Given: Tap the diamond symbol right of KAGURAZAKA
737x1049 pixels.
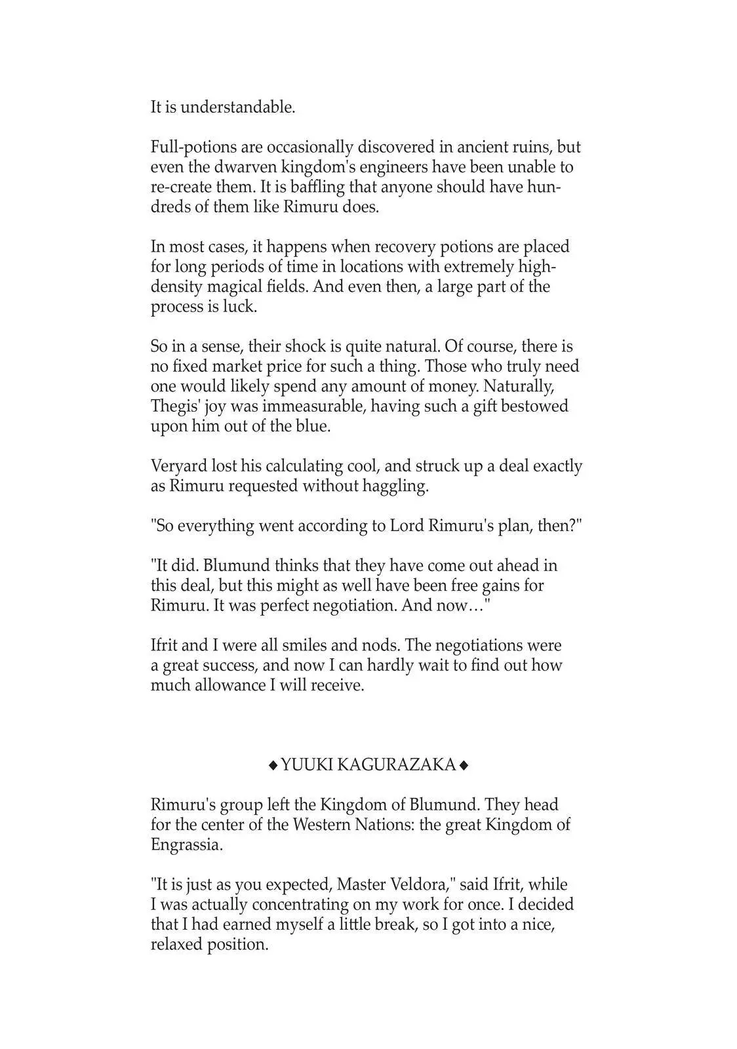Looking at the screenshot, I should click(464, 765).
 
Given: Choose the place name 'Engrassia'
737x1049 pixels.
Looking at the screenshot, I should click(186, 844).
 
